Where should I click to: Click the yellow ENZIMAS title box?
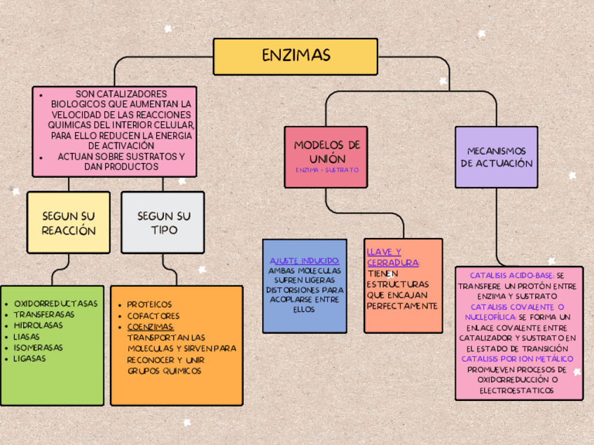(295, 56)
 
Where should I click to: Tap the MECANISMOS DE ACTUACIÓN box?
(496, 157)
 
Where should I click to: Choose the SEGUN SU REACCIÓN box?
(69, 222)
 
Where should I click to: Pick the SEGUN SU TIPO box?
(163, 222)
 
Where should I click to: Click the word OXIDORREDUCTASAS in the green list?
(56, 304)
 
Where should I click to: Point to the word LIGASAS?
(29, 358)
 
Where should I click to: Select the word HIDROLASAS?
(38, 325)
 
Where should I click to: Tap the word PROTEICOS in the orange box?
(149, 304)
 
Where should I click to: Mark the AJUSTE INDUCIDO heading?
(305, 260)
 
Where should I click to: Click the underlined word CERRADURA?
(392, 262)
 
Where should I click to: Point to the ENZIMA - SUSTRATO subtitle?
(326, 170)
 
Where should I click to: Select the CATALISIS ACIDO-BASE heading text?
(511, 275)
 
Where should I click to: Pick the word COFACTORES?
(153, 316)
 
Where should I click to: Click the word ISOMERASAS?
(38, 347)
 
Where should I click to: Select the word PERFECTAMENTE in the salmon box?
(402, 306)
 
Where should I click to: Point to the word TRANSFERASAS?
(44, 314)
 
